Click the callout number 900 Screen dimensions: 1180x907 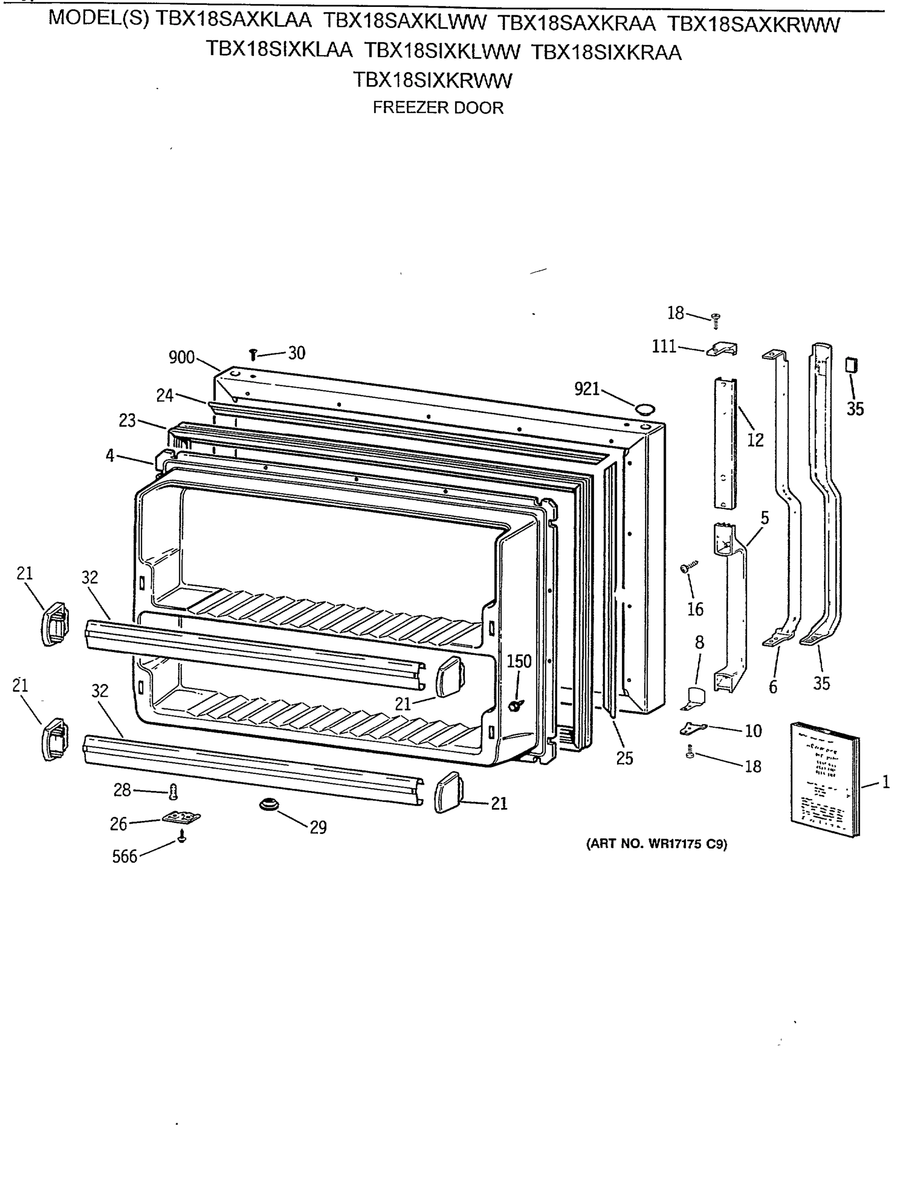[181, 357]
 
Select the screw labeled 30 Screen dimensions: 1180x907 [253, 354]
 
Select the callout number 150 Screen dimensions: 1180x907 [519, 661]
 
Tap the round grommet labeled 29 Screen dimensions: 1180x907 [267, 805]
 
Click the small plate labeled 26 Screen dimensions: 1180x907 [181, 818]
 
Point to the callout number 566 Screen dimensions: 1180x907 [125, 856]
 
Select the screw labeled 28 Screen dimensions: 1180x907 [173, 792]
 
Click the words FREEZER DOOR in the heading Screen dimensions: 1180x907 [438, 108]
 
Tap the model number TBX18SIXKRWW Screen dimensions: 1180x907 [432, 81]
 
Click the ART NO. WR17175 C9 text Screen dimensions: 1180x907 [656, 844]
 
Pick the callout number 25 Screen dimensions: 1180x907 [624, 759]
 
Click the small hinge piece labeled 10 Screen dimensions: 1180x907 [693, 729]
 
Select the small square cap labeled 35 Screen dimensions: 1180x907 [851, 366]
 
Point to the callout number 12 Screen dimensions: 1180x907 [755, 440]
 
